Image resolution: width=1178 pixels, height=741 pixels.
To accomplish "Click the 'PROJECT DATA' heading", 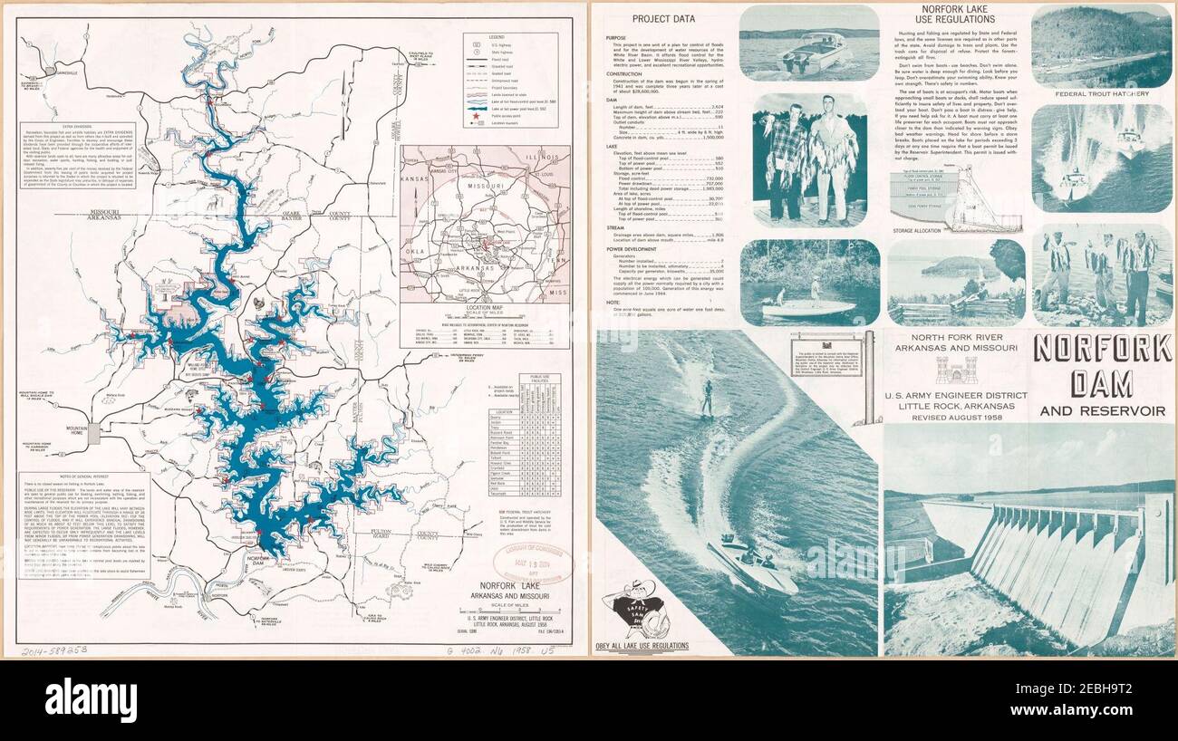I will click(x=663, y=18).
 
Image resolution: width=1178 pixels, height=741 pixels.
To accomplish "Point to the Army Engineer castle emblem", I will click(x=954, y=369).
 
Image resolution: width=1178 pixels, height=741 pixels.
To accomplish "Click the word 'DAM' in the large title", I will click(x=1102, y=384).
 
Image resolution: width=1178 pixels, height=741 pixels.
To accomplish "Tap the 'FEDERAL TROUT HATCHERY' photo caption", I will click(x=1101, y=93).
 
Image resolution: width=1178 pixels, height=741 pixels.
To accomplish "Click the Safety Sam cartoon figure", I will click(x=639, y=611).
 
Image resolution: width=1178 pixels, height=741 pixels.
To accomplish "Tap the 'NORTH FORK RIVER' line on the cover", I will click(x=956, y=343).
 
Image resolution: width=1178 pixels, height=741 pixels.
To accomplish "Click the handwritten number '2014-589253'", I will click(x=53, y=650).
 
